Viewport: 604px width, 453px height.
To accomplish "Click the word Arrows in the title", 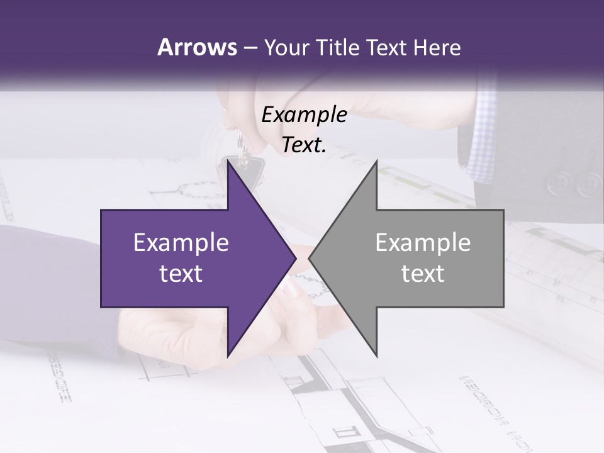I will (196, 47).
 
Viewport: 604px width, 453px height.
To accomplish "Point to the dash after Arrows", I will (250, 48).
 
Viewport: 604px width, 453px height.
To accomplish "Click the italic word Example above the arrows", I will (304, 115).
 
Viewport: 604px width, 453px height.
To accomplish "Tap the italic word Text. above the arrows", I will (302, 145).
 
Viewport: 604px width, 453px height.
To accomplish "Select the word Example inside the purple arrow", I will (181, 242).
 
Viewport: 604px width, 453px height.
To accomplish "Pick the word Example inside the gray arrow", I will (423, 242).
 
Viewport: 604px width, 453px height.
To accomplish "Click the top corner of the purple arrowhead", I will (228, 163).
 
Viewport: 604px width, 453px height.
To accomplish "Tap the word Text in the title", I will (386, 47).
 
